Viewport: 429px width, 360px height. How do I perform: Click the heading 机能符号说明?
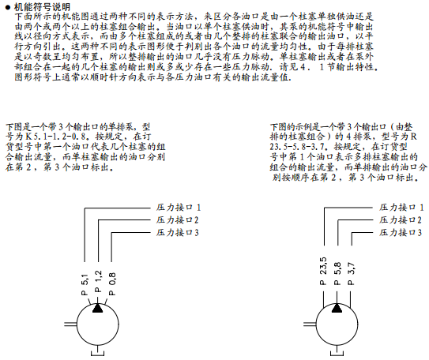click(x=42, y=7)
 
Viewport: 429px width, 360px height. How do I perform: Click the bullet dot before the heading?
click(x=8, y=7)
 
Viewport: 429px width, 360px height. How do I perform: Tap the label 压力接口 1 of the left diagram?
click(x=179, y=208)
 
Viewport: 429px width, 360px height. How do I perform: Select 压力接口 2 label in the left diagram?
click(x=177, y=219)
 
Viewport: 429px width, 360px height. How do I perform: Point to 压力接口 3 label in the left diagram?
click(x=177, y=233)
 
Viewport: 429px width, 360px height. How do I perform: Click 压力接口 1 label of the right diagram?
click(x=401, y=208)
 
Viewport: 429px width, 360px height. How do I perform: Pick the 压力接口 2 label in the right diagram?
click(x=401, y=219)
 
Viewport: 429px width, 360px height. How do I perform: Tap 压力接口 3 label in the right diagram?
click(x=401, y=233)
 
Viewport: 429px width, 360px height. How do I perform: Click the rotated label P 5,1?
click(x=85, y=284)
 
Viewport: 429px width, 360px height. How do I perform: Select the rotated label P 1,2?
click(x=98, y=281)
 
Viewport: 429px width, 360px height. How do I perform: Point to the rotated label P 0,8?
click(x=112, y=284)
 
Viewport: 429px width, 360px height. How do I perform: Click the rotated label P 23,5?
click(x=323, y=271)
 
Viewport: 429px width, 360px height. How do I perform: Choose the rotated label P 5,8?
click(x=337, y=274)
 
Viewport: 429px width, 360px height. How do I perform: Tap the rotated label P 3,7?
click(x=352, y=274)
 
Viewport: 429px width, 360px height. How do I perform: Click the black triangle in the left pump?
click(x=98, y=308)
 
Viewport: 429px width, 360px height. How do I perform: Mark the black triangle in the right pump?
click(x=337, y=308)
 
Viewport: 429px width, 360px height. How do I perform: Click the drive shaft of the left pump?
click(x=70, y=324)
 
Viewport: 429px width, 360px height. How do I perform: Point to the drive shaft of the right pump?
click(x=310, y=324)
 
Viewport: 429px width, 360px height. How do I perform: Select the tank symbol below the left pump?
click(x=98, y=355)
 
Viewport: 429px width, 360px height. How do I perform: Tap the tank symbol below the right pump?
click(x=337, y=355)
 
